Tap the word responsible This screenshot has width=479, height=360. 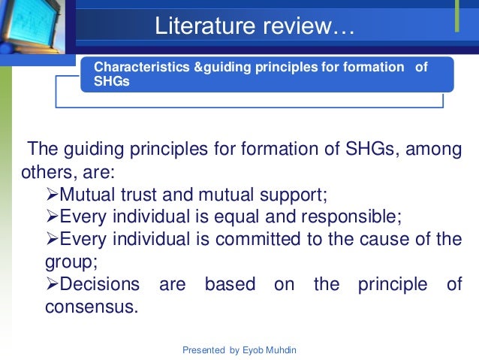pyautogui.click(x=347, y=218)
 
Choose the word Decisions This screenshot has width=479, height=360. pyautogui.click(x=99, y=285)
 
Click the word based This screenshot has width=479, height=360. pyautogui.click(x=230, y=285)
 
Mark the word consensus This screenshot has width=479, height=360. pyautogui.click(x=92, y=307)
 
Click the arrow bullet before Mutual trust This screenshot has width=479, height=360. pyautogui.click(x=52, y=196)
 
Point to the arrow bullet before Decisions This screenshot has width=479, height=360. pyautogui.click(x=52, y=285)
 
